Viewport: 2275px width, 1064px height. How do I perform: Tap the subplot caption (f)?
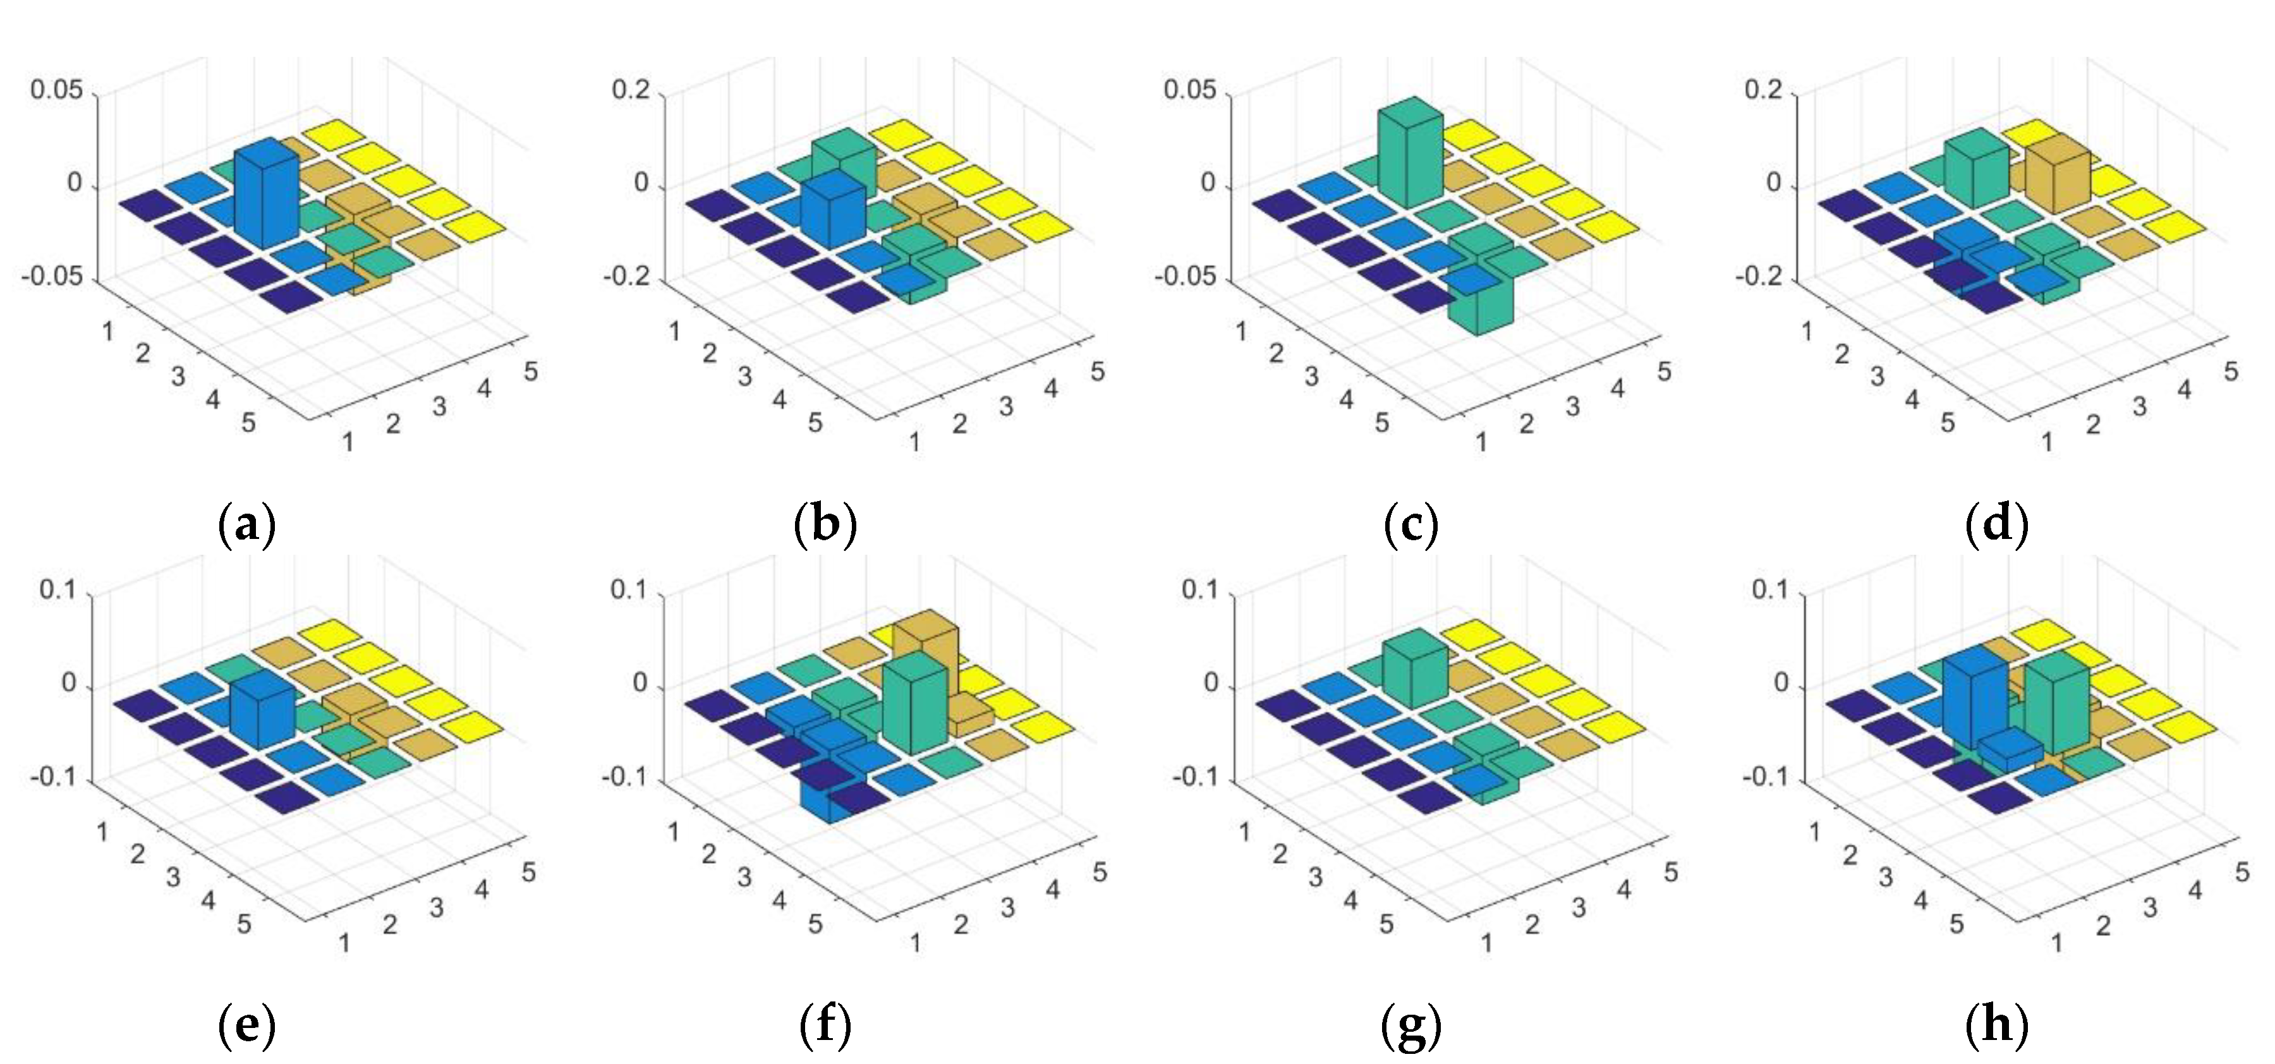click(825, 1024)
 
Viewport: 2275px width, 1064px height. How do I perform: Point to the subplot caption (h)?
click(1997, 1024)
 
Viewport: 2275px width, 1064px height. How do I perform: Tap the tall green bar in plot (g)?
click(1415, 671)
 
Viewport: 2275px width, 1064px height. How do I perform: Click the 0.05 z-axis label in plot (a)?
click(56, 90)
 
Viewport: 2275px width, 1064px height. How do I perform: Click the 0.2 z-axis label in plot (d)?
click(1764, 90)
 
